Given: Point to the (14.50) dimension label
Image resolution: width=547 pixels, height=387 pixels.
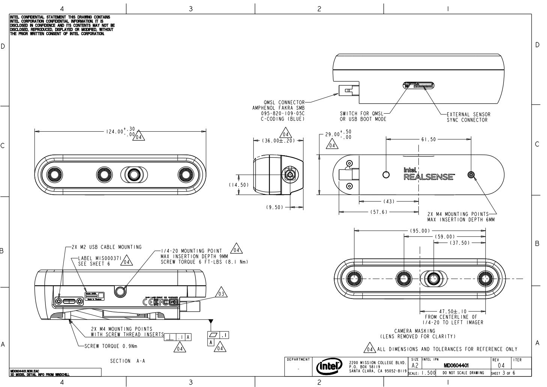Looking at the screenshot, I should coord(237,185).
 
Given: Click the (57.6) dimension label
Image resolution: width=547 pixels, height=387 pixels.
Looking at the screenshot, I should coord(379,212).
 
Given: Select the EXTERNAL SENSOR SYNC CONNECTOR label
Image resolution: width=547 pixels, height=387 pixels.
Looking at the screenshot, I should coord(468,117).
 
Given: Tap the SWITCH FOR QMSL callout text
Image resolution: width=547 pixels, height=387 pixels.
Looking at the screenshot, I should coord(363,116).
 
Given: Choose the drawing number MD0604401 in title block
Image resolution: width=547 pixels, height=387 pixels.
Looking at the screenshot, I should coord(457,365).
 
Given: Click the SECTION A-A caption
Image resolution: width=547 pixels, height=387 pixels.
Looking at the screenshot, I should coord(127,361).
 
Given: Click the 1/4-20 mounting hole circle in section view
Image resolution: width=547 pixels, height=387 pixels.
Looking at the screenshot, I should coord(120,290).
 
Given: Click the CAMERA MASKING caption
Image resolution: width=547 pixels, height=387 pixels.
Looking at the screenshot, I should coord(415,331).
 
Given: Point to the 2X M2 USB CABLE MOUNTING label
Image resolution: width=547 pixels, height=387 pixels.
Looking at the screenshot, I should coord(107,247).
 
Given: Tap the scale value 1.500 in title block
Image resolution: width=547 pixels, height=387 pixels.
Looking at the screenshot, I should coord(427,373).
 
